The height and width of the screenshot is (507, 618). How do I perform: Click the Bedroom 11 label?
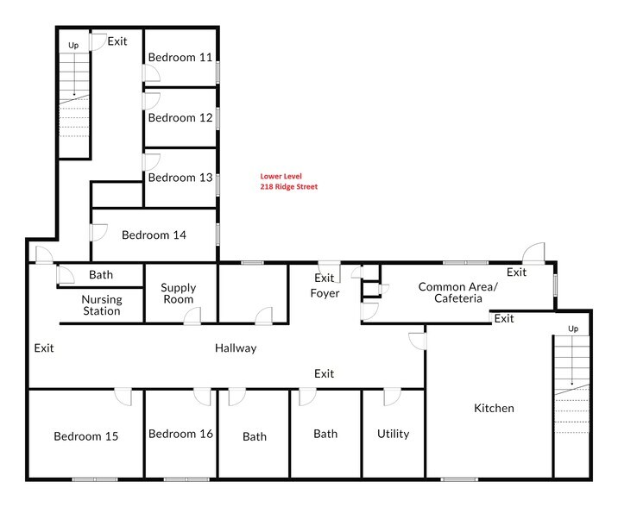(x=180, y=58)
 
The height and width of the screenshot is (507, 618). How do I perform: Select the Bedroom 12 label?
(x=180, y=117)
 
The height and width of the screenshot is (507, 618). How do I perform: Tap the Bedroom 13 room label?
(x=180, y=178)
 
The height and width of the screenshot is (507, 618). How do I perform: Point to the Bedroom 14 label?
(x=154, y=235)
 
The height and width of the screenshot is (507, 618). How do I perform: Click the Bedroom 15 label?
(x=85, y=436)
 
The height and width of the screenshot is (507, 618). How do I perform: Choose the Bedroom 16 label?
(x=180, y=434)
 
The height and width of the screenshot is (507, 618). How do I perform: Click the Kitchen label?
(x=493, y=408)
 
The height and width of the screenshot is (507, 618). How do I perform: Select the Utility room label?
(x=393, y=434)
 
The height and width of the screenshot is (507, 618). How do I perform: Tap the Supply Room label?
(x=179, y=294)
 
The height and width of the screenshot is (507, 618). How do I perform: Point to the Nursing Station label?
(x=101, y=305)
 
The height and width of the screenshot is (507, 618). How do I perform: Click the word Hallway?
(x=236, y=348)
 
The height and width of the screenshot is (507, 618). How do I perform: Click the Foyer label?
(x=325, y=293)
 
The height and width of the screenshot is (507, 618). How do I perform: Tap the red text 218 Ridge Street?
(x=288, y=186)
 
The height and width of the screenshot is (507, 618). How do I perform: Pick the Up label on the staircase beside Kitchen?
(x=571, y=329)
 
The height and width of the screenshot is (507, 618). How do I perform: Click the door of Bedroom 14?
(x=98, y=233)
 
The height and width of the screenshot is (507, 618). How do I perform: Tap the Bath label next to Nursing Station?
(x=101, y=276)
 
